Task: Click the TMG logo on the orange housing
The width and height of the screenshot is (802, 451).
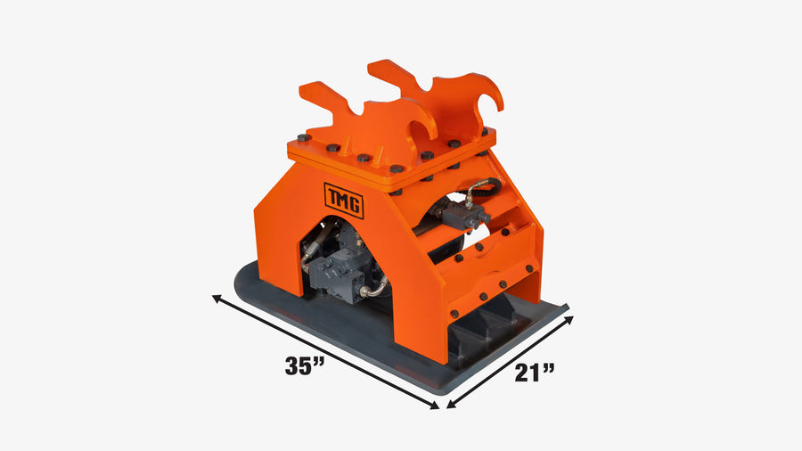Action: click(344, 201)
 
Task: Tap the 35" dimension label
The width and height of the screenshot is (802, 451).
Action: click(305, 365)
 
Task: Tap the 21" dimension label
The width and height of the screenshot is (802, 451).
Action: click(535, 373)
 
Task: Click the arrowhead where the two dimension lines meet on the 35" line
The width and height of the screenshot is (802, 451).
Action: click(434, 406)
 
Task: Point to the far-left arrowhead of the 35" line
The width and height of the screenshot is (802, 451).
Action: click(217, 298)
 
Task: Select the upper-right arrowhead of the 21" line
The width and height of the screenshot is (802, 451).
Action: click(569, 320)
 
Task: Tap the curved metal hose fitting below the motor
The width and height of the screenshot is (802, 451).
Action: click(373, 289)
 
